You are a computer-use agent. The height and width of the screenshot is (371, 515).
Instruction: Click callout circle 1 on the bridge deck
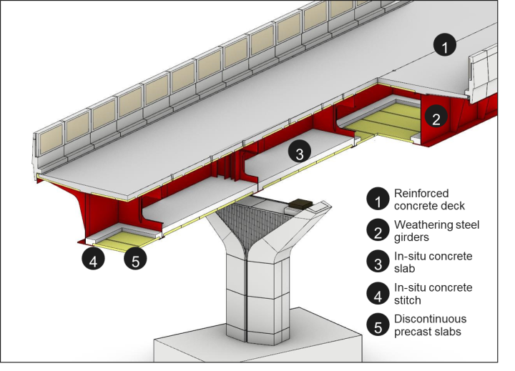(444, 47)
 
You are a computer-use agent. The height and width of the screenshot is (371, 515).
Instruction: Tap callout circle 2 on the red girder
(436, 119)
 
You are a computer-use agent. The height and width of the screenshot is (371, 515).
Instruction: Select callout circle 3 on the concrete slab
(300, 152)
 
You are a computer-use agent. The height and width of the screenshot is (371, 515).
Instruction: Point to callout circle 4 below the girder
(93, 259)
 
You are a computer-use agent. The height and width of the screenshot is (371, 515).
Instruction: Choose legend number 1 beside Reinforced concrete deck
(377, 199)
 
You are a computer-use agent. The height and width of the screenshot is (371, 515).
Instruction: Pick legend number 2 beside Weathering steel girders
(377, 231)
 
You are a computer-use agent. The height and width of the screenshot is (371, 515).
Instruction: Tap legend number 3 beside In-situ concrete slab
(377, 262)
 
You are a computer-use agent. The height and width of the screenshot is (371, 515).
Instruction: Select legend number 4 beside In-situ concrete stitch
(377, 293)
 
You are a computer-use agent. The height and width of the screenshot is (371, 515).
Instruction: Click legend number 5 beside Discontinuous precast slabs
(377, 325)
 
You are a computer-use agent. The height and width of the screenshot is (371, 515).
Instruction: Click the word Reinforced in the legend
(421, 194)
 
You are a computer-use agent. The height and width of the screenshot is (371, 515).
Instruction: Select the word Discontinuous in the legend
(430, 319)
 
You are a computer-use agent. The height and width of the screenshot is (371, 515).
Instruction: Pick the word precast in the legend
(412, 331)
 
